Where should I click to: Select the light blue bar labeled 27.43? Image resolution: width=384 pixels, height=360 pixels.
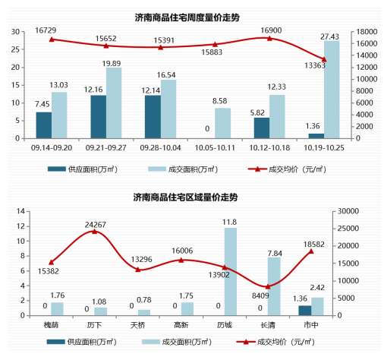[330, 90]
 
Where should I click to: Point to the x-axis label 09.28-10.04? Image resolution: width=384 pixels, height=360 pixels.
[159, 148]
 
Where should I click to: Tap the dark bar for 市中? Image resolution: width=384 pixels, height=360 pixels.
[304, 310]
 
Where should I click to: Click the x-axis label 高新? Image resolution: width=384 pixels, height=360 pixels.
[180, 324]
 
